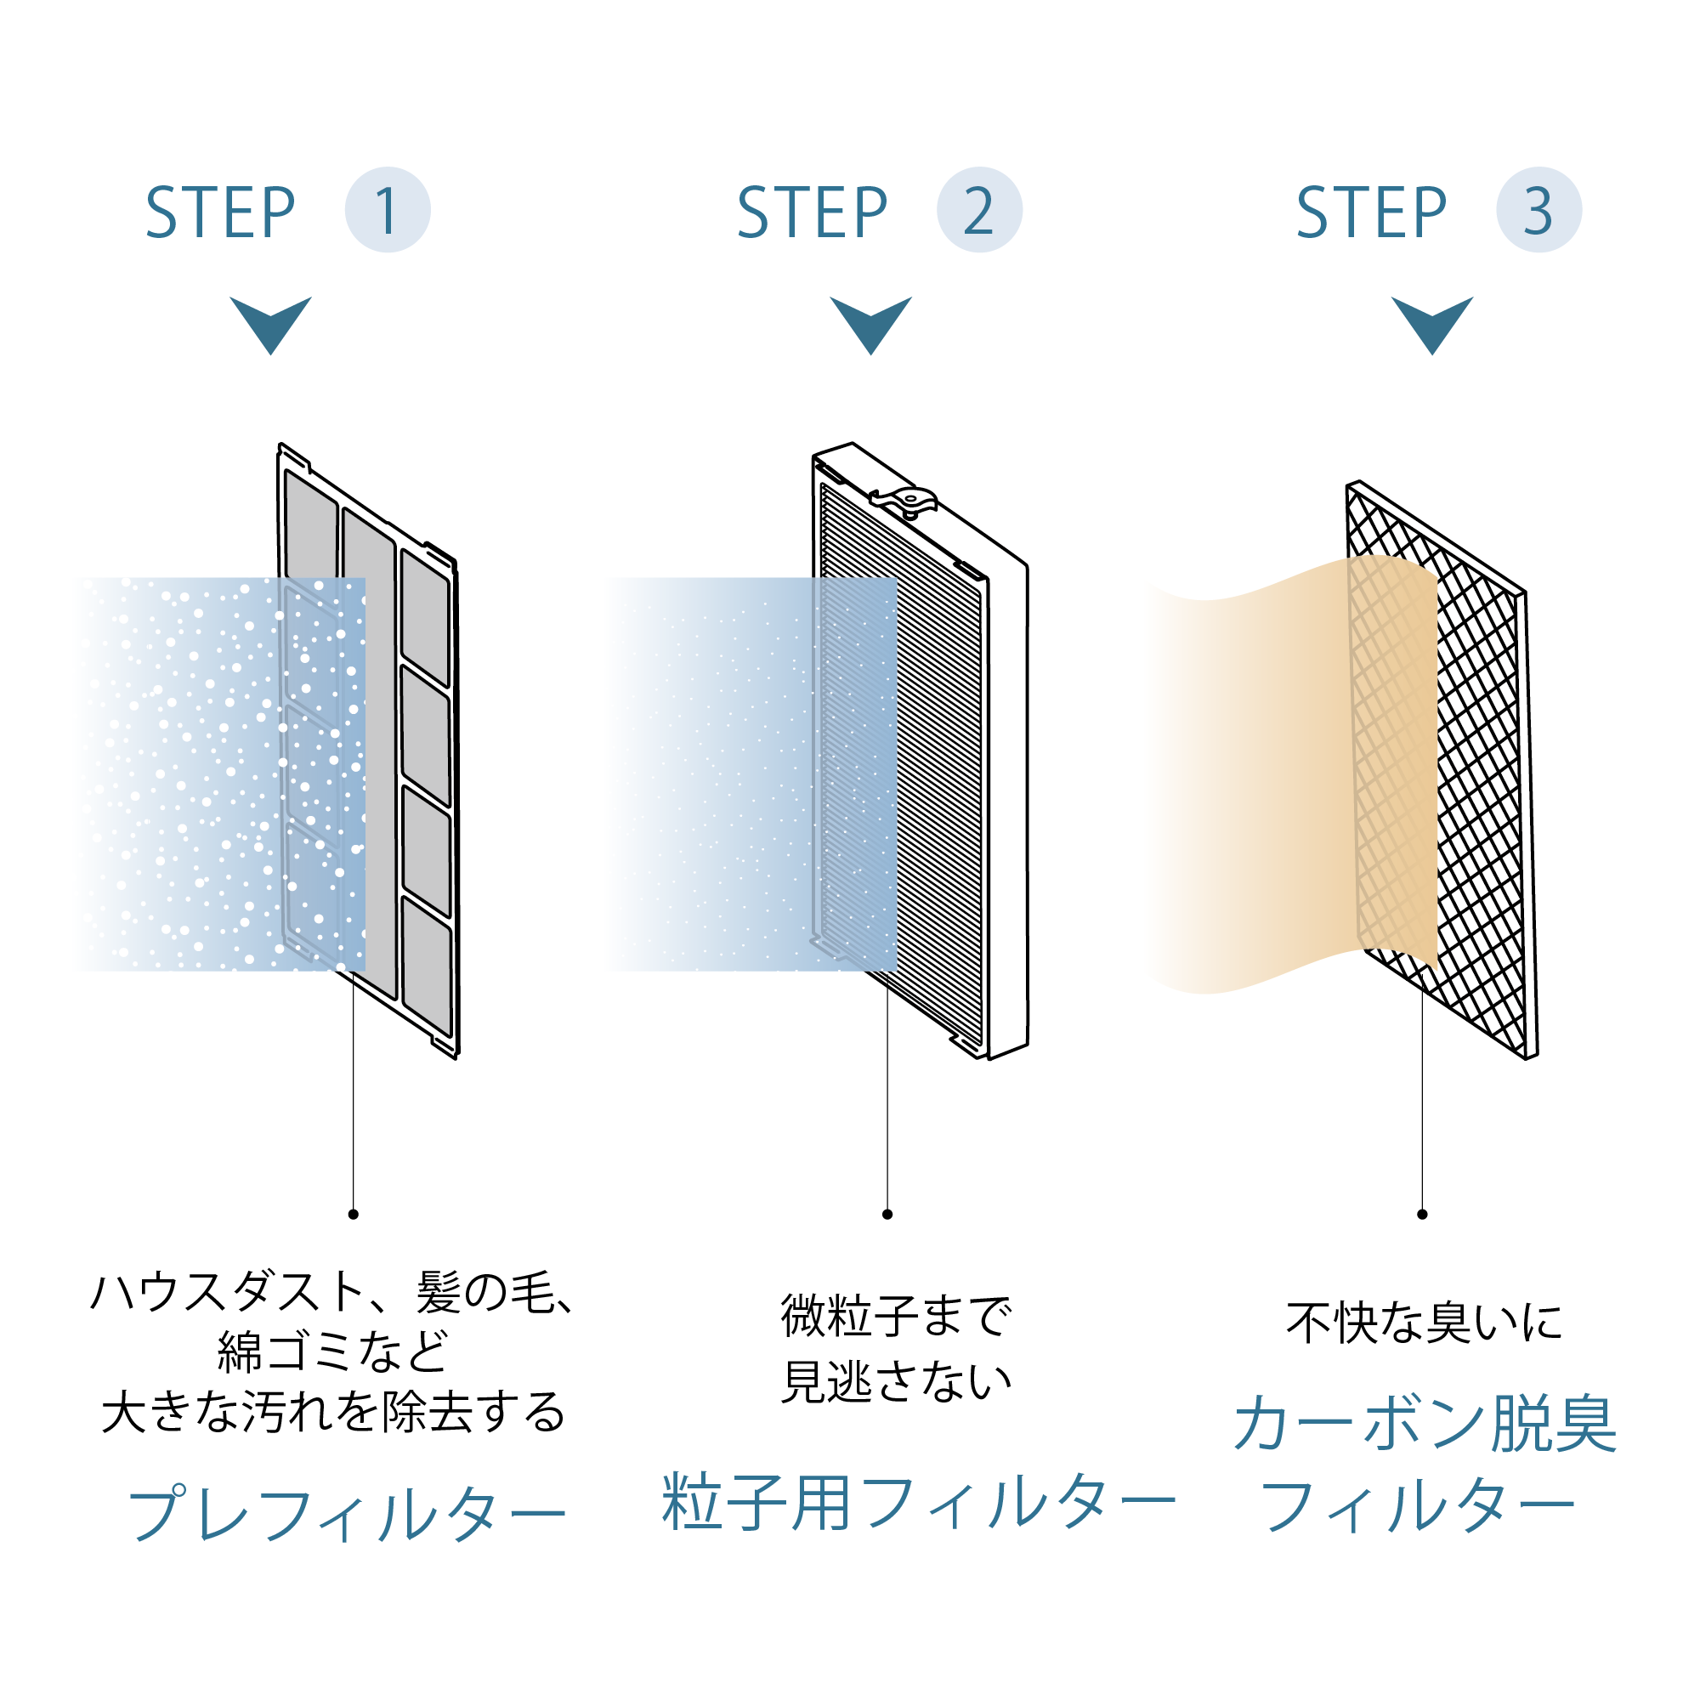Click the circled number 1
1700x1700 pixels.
[x=387, y=209]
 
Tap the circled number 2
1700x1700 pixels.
[x=978, y=209]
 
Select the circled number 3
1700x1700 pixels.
[x=1538, y=209]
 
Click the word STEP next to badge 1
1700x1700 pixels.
[x=220, y=213]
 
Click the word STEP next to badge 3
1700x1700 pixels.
[x=1371, y=213]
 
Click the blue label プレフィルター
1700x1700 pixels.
[x=347, y=1514]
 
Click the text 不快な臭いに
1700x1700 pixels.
[x=1424, y=1323]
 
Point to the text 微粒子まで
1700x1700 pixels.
[x=896, y=1317]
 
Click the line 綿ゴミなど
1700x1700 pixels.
[x=332, y=1351]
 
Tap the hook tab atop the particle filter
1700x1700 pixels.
[x=906, y=501]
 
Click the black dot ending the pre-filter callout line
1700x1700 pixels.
[x=353, y=1215]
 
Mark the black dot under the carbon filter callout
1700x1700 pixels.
[x=1422, y=1215]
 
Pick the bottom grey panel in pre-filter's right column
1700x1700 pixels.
[x=428, y=966]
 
